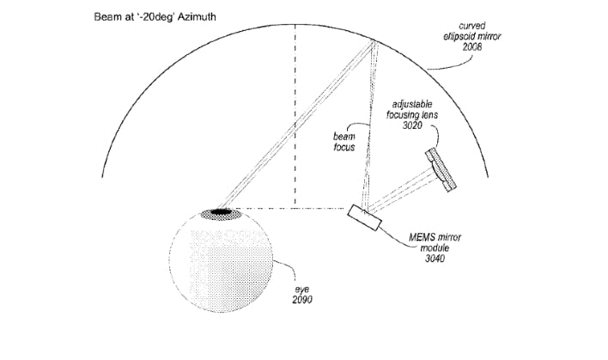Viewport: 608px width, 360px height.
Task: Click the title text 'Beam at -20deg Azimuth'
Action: [155, 17]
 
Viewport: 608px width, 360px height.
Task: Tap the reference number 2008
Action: [472, 46]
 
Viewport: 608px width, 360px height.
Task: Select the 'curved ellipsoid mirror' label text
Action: [472, 31]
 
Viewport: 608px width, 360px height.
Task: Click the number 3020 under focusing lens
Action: [412, 125]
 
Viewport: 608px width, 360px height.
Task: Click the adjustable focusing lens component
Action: [441, 170]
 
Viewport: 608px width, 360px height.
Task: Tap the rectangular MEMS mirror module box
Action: [364, 217]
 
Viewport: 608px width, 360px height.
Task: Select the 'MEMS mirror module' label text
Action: [435, 242]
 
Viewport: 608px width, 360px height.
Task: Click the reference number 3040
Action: [435, 259]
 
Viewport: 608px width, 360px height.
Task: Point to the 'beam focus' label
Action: [344, 142]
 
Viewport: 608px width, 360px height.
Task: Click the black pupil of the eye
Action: [221, 211]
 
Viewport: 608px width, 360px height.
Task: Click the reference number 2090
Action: [302, 300]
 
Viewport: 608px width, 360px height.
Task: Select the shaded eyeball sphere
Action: [221, 260]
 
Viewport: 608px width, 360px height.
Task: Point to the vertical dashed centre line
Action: [295, 115]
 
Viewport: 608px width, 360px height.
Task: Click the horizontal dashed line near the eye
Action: [292, 208]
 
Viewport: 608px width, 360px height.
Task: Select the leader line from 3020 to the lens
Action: [435, 137]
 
